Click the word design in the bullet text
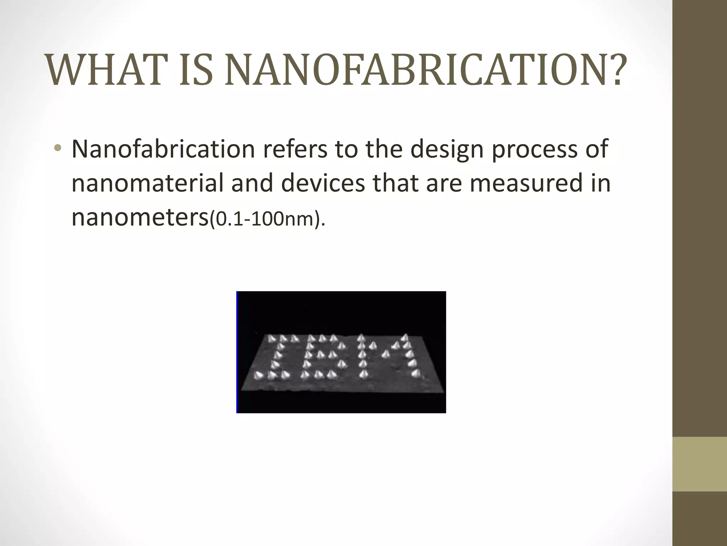[x=447, y=149]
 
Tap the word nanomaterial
[x=148, y=183]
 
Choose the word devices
[x=323, y=183]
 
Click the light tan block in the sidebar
[x=699, y=464]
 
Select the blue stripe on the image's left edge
[x=237, y=352]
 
